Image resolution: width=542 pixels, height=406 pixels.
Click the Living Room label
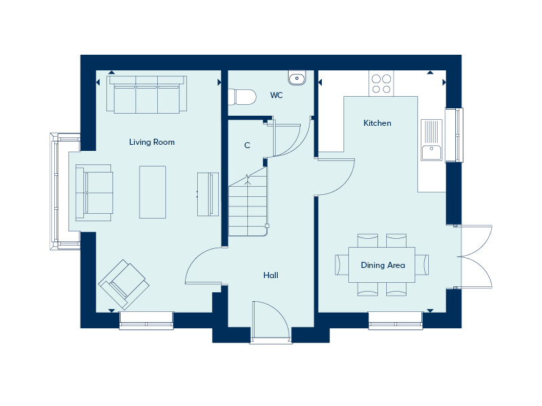pyautogui.click(x=152, y=142)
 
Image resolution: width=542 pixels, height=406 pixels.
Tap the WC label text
pyautogui.click(x=276, y=95)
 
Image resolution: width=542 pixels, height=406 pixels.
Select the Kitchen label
pyautogui.click(x=377, y=123)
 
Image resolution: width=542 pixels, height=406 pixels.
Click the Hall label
pyautogui.click(x=271, y=275)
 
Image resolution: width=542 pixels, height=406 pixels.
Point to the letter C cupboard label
pyautogui.click(x=247, y=145)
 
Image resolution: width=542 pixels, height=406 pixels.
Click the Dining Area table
pyautogui.click(x=383, y=265)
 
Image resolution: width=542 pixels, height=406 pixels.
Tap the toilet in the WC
pyautogui.click(x=242, y=98)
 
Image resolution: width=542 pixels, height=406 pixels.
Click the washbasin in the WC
pyautogui.click(x=297, y=78)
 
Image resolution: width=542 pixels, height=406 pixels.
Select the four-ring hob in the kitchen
pyautogui.click(x=381, y=83)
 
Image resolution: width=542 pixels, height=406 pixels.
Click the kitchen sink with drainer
pyautogui.click(x=431, y=140)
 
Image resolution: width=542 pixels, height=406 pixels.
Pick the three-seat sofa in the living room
pyautogui.click(x=146, y=95)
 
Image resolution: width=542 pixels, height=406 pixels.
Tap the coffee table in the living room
pyautogui.click(x=152, y=192)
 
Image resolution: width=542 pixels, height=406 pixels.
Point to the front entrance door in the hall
pyautogui.click(x=270, y=321)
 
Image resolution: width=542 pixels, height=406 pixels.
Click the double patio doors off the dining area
pyautogui.click(x=476, y=256)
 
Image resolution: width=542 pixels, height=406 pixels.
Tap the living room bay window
pyautogui.click(x=60, y=191)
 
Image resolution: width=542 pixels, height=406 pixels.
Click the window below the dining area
pyautogui.click(x=395, y=320)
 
